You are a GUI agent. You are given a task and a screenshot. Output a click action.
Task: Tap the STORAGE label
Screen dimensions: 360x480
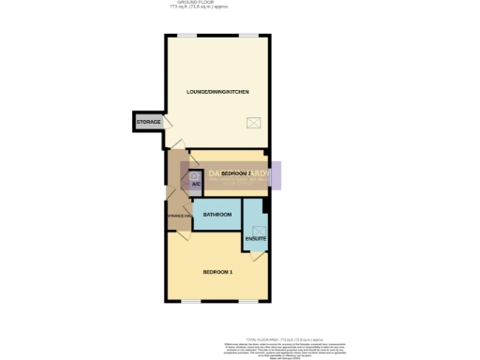pyautogui.click(x=149, y=122)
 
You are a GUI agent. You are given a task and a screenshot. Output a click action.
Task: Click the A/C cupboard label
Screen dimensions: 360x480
pyautogui.click(x=196, y=184)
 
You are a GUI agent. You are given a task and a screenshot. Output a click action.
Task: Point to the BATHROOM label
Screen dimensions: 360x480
pyautogui.click(x=217, y=215)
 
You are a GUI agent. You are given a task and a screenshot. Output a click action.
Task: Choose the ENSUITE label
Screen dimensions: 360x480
pyautogui.click(x=256, y=240)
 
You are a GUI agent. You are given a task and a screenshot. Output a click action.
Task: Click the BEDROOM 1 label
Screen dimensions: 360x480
pyautogui.click(x=217, y=272)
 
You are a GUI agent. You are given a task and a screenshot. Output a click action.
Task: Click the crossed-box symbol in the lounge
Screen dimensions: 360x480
pyautogui.click(x=254, y=122)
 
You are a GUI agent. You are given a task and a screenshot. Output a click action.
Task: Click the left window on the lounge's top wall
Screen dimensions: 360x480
pyautogui.click(x=188, y=36)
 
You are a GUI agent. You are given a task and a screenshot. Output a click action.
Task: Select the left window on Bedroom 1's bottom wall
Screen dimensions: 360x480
pyautogui.click(x=191, y=301)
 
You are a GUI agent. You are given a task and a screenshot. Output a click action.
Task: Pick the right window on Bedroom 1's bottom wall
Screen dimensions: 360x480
pyautogui.click(x=247, y=301)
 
